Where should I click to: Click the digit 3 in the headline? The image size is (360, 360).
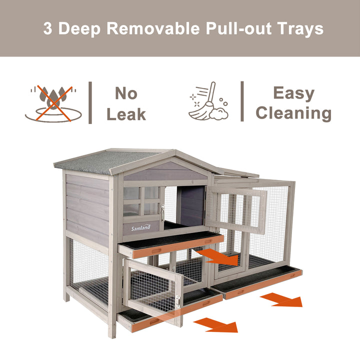point(47,28)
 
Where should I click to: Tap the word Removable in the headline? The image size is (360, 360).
point(153,28)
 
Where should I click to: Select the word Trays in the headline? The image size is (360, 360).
point(300,30)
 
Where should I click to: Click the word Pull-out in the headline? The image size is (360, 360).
point(238,28)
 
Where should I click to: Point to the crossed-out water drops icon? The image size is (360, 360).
point(53,103)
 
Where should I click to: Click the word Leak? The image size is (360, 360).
point(126,114)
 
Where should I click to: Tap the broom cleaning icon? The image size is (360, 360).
point(208,101)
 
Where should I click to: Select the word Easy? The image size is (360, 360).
point(294,94)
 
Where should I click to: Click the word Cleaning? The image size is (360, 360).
point(293,113)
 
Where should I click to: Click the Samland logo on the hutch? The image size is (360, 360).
point(141,228)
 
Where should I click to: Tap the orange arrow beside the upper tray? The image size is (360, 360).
point(217,256)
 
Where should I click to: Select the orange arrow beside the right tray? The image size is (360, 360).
point(281,299)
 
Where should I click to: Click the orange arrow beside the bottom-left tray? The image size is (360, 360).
point(216,325)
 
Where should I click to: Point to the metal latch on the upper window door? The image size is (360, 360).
point(162,212)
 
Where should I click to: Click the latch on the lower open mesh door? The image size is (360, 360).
point(178,301)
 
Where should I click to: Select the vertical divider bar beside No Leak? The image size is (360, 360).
point(90,102)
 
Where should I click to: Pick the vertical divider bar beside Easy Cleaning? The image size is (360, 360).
point(242,101)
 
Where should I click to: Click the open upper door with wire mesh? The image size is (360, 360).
point(236,209)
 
